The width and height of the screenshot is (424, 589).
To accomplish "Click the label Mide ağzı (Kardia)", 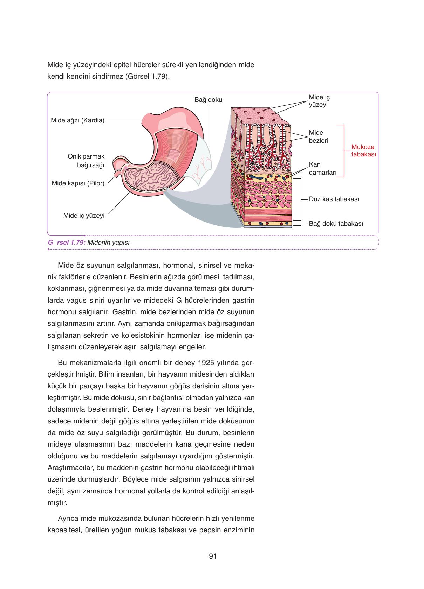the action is coord(77,120).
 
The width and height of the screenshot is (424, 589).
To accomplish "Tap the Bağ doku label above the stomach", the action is coord(208,100).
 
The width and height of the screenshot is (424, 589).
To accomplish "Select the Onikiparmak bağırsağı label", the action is coord(86,161).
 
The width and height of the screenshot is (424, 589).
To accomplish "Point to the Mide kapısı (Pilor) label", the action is coord(78,183).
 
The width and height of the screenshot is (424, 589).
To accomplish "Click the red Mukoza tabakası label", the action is coord(363,151).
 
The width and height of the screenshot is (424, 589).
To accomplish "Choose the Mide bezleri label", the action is coord(319,136).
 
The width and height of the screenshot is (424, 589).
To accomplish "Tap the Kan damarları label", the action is coord(323,169).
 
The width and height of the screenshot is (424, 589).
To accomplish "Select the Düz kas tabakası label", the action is coord(334,199).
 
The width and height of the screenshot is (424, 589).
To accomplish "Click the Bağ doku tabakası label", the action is coord(336,224).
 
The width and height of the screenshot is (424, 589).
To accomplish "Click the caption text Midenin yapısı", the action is coord(108,243).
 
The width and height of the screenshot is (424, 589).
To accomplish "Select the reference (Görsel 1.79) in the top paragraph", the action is coord(147,77).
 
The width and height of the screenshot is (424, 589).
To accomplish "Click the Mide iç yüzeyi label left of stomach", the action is coord(84,216).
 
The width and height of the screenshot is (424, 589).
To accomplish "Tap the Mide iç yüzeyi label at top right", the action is coord(319,101).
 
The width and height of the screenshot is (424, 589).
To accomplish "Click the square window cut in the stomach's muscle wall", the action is coord(173,155).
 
